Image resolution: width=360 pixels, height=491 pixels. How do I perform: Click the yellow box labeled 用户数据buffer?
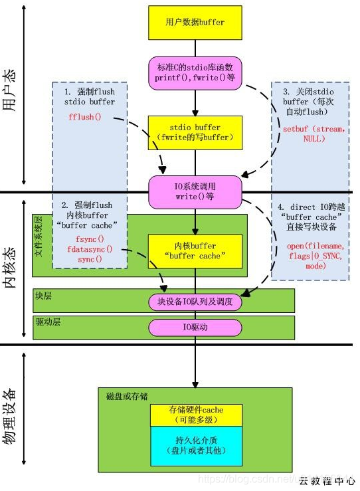(x=195, y=23)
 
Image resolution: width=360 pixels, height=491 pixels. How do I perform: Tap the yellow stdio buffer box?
(x=195, y=132)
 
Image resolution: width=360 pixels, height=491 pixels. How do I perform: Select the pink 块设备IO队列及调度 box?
(x=195, y=302)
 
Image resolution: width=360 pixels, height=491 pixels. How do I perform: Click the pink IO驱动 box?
(x=195, y=327)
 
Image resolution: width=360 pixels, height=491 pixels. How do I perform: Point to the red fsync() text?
(x=90, y=239)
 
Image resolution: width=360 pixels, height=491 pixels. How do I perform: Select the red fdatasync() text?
(x=90, y=249)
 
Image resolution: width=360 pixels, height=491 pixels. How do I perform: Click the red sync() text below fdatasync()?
(x=90, y=259)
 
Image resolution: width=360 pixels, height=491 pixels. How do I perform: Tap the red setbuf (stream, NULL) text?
(x=314, y=134)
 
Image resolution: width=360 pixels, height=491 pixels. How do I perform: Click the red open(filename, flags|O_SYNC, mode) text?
(x=315, y=255)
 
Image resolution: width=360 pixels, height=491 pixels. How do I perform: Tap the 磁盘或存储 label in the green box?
(x=127, y=396)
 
